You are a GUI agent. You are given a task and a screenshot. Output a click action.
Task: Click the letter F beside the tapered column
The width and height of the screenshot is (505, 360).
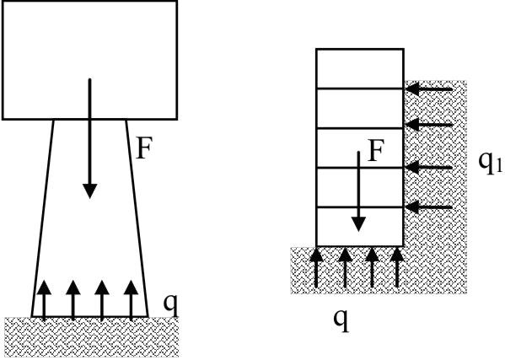tap(143, 148)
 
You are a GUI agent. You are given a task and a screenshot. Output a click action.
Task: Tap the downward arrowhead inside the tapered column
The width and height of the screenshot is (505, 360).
tap(90, 191)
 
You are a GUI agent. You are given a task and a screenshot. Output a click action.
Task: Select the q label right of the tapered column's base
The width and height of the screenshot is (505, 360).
tap(170, 304)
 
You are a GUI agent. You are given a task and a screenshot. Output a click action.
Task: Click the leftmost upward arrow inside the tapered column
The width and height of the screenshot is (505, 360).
tap(44, 300)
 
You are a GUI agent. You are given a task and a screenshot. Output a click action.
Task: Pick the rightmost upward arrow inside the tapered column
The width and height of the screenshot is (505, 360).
tap(131, 300)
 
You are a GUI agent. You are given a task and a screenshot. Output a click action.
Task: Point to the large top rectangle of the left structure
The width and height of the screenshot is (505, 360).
tap(90, 60)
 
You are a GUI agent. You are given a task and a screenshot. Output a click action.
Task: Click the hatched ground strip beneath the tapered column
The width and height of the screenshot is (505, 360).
tap(91, 336)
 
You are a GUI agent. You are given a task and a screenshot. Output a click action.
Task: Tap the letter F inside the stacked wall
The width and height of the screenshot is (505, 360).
tap(375, 151)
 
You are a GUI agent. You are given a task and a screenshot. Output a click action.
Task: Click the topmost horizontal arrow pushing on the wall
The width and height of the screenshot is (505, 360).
tap(429, 89)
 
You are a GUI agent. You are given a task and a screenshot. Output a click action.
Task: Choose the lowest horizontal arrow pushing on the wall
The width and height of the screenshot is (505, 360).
tap(429, 207)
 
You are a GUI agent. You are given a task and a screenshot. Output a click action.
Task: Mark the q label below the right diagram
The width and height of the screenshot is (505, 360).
tap(341, 320)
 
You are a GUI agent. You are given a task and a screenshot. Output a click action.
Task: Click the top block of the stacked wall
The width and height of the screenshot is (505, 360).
tap(360, 68)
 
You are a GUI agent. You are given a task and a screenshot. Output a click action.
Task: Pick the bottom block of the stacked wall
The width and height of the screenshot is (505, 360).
tap(360, 227)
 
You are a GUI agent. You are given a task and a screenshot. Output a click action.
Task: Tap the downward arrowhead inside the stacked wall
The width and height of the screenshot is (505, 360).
tap(358, 224)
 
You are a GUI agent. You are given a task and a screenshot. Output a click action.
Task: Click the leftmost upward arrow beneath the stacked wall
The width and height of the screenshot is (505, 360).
tap(316, 267)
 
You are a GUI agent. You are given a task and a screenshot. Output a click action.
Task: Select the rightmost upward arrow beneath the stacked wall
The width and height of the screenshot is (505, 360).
tap(397, 267)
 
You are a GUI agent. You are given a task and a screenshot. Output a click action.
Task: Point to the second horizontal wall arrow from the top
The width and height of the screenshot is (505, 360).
tap(429, 125)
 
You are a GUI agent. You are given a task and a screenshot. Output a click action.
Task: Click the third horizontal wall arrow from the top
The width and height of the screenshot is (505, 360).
tap(429, 168)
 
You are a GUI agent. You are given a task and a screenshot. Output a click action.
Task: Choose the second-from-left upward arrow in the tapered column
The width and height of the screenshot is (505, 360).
tap(73, 300)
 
